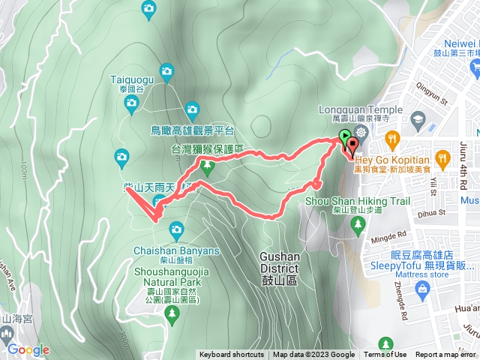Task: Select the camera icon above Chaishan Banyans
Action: (177, 228)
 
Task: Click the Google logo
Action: (28, 349)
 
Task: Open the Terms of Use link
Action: (385, 355)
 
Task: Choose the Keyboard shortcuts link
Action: (231, 355)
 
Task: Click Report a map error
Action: (446, 355)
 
